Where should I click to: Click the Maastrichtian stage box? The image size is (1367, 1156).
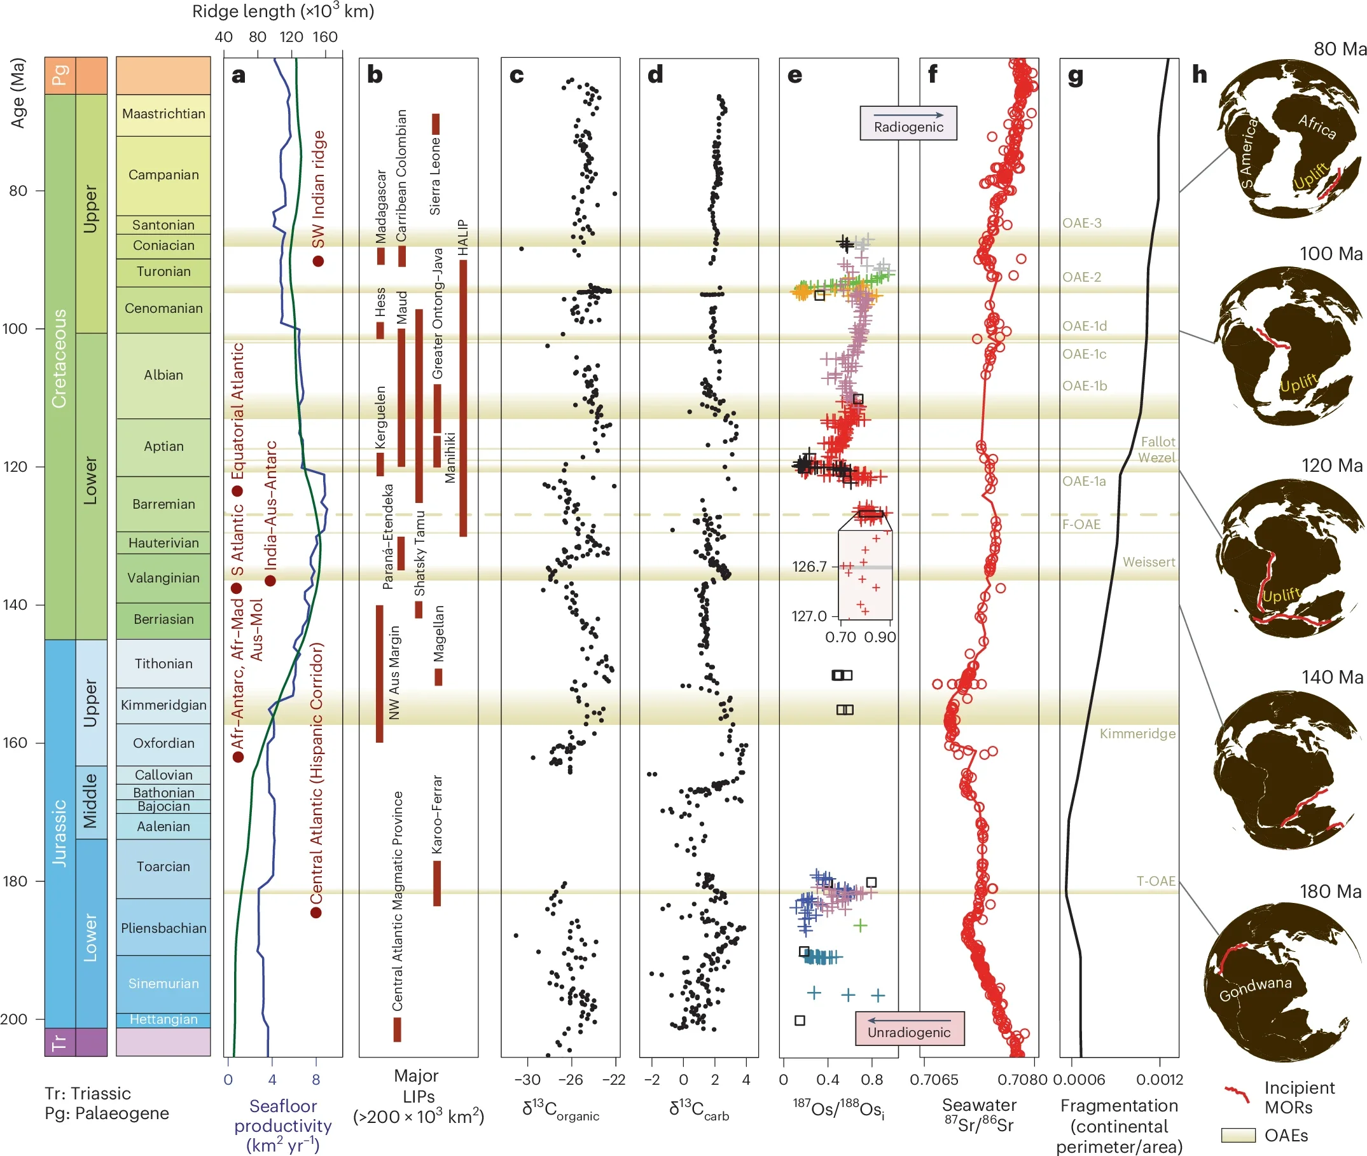tap(163, 114)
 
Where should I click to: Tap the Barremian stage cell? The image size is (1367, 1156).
tap(163, 504)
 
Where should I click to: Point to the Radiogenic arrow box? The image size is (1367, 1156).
tap(908, 123)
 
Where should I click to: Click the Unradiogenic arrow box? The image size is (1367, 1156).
tap(909, 1028)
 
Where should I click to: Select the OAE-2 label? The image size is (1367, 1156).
tap(1082, 277)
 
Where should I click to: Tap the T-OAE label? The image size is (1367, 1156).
tap(1155, 881)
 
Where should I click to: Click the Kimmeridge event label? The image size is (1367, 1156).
tap(1137, 734)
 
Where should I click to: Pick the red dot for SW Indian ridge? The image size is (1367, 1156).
tap(318, 261)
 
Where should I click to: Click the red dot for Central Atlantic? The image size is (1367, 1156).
tap(316, 913)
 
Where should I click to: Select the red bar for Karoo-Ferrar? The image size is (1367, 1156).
tap(437, 883)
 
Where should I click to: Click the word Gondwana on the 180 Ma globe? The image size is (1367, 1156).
tap(1255, 988)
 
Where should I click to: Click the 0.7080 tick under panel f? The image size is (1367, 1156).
tap(1022, 1079)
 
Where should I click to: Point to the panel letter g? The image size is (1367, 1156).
tap(1075, 76)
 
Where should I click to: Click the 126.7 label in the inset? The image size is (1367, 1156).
tap(809, 566)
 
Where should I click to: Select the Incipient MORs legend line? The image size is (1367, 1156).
tap(1237, 1092)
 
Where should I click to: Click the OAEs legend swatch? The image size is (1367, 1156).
tap(1238, 1135)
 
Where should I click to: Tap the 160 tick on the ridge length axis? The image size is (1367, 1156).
tap(325, 38)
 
